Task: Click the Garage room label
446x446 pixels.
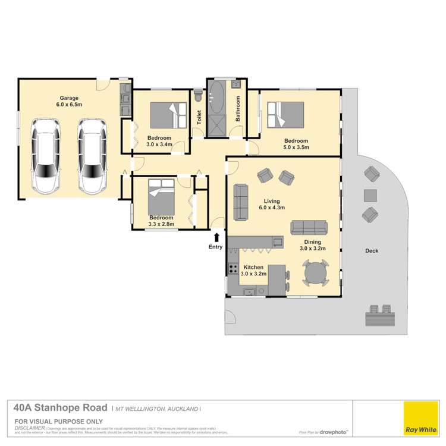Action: pos(68,98)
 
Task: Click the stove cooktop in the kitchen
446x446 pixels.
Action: pos(233,269)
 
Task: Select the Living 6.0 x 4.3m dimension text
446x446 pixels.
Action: pos(272,208)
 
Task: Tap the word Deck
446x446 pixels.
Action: pos(372,251)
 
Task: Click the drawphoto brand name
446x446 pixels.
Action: pos(333,432)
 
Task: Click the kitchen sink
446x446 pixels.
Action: pos(248,292)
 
